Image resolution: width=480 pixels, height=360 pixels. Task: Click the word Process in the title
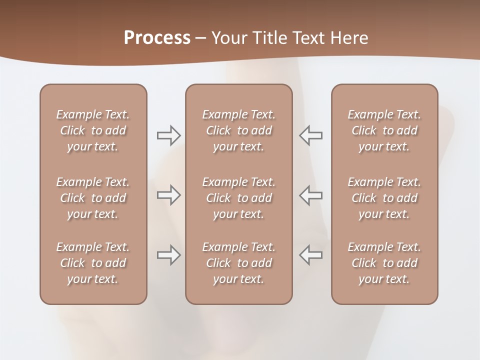157,37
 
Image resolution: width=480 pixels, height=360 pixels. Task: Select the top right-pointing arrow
168,135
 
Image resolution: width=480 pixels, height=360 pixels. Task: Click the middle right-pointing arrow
168,195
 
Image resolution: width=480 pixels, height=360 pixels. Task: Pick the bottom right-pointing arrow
168,255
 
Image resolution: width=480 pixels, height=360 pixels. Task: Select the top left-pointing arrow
310,135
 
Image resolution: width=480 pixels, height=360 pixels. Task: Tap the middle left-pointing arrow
310,195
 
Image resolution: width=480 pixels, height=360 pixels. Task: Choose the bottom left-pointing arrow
310,255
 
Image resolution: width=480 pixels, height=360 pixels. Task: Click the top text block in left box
93,130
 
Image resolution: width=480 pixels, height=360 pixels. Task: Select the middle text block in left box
93,198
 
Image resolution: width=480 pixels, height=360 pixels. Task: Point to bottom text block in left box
93,263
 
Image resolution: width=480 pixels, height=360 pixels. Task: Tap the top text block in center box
239,130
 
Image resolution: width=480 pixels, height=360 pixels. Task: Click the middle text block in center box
239,198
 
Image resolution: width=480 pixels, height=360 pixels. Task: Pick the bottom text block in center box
239,263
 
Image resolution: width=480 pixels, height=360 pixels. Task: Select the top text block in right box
384,130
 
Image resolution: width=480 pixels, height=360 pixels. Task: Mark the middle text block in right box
384,198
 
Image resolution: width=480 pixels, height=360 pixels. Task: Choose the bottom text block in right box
384,263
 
